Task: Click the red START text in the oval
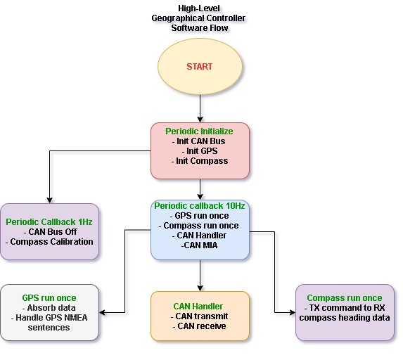click(200, 67)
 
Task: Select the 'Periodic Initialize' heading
click(199, 131)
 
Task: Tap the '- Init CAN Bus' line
click(198, 141)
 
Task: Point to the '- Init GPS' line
click(200, 151)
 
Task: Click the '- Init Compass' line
click(200, 161)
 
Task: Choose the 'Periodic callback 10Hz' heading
click(200, 206)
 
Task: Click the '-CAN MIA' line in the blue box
click(200, 245)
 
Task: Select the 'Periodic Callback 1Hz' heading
click(49, 222)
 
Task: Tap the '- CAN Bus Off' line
click(50, 232)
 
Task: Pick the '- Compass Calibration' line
click(49, 242)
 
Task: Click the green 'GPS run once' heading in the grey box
click(49, 298)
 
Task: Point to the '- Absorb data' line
click(49, 308)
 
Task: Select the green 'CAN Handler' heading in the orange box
click(198, 307)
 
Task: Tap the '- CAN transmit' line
click(199, 316)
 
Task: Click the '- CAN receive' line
click(200, 326)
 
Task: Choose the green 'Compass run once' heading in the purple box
click(345, 298)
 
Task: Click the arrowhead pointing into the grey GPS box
click(102, 312)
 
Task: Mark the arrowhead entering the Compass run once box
click(293, 312)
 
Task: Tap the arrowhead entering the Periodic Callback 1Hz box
click(50, 200)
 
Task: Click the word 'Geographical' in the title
click(178, 18)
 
